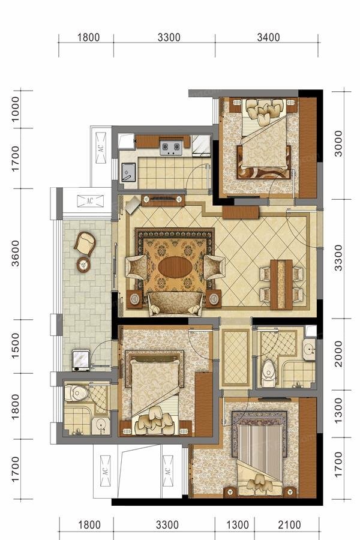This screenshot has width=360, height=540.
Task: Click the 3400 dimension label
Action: pos(268,37)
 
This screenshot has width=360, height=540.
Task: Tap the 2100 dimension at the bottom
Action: pos(289,525)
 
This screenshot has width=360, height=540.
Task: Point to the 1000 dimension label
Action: pos(16,109)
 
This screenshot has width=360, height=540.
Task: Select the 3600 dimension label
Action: pos(16,253)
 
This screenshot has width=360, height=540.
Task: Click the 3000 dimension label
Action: pos(338,143)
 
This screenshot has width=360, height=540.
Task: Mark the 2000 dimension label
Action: pos(338,353)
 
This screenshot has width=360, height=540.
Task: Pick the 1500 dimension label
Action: pos(16,346)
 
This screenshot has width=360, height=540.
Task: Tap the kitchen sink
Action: pos(128,172)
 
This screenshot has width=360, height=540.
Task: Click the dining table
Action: pos(281,285)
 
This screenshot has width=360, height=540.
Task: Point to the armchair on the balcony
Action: pos(85,243)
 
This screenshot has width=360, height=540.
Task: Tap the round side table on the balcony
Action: pos(83,265)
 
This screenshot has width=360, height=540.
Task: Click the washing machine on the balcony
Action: pos(81,360)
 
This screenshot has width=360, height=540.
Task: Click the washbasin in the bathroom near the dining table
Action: pos(310,349)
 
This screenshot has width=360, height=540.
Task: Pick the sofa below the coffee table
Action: pos(176,304)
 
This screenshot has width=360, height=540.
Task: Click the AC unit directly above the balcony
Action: pos(90,200)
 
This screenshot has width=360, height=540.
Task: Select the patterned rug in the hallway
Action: pos(236,358)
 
